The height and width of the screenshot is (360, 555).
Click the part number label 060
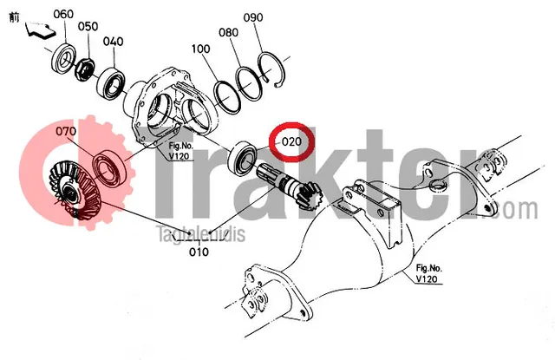tap(63, 14)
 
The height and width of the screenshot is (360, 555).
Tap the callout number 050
tap(88, 26)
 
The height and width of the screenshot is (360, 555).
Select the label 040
tap(114, 42)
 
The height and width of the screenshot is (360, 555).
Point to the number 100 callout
tap(200, 49)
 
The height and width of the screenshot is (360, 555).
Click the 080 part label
tap(228, 33)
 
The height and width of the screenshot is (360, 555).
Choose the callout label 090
tap(253, 17)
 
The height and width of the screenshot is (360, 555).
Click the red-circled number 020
tap(291, 142)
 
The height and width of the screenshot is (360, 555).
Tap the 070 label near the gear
tap(66, 131)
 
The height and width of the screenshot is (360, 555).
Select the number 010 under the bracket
tap(199, 252)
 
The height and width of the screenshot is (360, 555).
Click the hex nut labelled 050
tap(84, 69)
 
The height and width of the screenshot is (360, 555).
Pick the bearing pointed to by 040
tap(112, 84)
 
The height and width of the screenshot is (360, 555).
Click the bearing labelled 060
tap(64, 58)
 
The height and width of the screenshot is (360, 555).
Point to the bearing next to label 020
tap(243, 159)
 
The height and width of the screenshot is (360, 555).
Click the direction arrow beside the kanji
tap(41, 29)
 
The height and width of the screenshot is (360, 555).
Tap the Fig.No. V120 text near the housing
tap(180, 151)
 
